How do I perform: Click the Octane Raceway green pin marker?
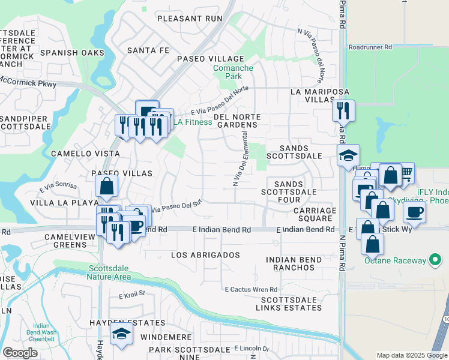[436, 260]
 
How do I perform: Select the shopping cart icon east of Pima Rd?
[406, 173]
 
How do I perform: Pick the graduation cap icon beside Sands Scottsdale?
[348, 155]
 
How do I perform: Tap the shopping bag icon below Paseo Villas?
[106, 187]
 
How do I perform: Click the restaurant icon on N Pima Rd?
[343, 110]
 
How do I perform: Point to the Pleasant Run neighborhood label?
[190, 19]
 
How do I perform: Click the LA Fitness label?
[193, 122]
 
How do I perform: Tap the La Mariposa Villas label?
[319, 96]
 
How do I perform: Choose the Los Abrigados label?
[205, 255]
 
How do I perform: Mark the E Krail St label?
[132, 295]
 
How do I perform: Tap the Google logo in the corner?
[20, 353]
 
